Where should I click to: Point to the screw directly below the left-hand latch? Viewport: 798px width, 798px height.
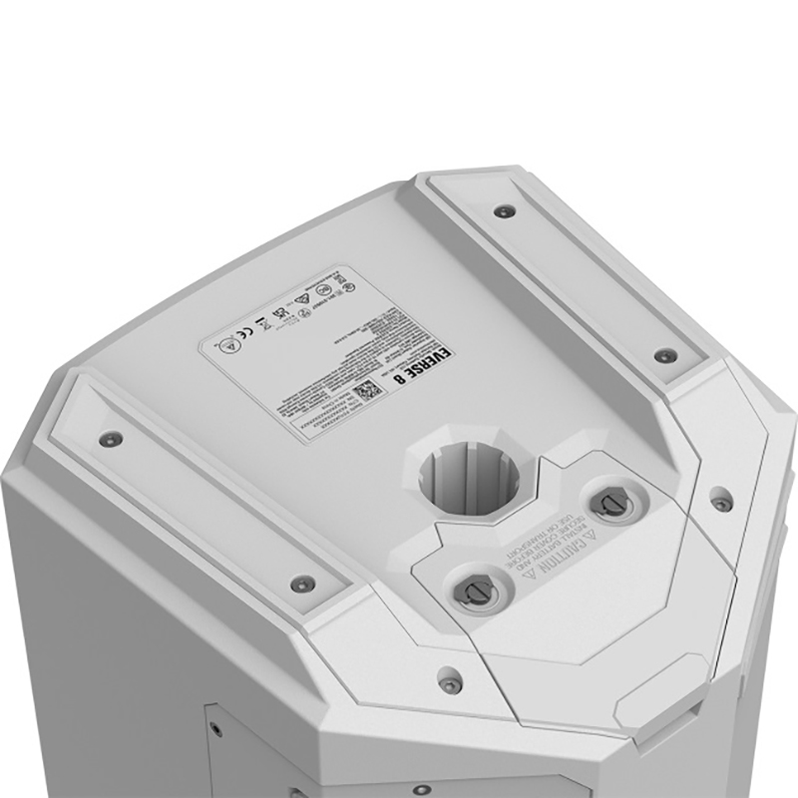[x=452, y=682]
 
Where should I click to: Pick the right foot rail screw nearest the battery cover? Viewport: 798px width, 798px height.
[x=665, y=354]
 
